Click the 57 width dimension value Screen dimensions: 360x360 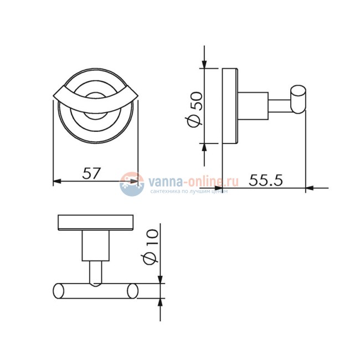pos(91,173)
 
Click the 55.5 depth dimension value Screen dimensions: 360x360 pos(266,180)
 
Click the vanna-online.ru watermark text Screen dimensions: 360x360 pos(192,181)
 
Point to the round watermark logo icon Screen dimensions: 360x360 pos(130,184)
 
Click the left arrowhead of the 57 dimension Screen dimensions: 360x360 pos(56,182)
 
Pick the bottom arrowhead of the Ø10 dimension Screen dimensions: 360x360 pos(161,302)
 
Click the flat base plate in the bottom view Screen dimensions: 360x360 pos(96,223)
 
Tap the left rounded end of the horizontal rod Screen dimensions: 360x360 pos(58,291)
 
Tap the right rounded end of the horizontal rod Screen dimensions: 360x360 pos(133,291)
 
